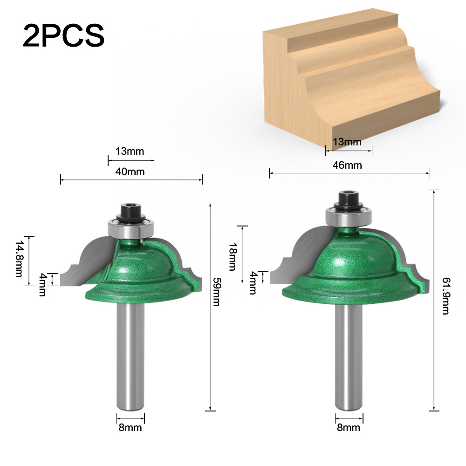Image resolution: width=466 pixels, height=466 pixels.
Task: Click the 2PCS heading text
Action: click(x=63, y=36)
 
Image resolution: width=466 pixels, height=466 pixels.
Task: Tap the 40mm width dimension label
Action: click(x=130, y=172)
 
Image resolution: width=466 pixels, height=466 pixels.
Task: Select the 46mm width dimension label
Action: click(x=347, y=165)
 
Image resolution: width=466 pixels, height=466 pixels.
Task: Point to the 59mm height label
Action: click(x=217, y=292)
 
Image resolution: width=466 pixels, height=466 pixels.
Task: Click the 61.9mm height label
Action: click(x=446, y=296)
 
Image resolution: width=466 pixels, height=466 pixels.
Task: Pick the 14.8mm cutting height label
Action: click(x=19, y=259)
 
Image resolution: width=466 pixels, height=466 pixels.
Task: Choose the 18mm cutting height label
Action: click(x=233, y=256)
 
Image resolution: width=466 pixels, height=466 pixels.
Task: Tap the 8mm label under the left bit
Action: click(x=130, y=427)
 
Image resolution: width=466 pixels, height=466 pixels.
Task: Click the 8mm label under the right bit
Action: click(x=348, y=427)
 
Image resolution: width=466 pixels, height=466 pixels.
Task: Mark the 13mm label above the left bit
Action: click(x=130, y=151)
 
